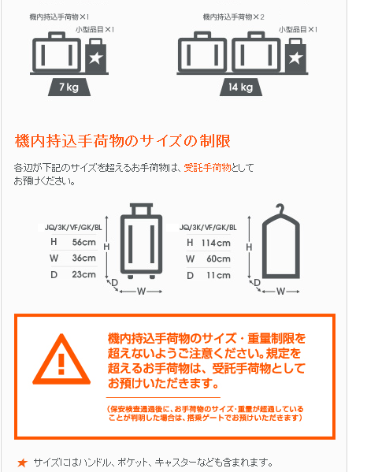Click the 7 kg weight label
69,87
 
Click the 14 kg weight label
240,87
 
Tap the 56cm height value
84,242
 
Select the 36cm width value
84,258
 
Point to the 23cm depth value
84,274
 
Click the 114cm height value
216,243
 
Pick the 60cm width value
218,259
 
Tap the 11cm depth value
218,276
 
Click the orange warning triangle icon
61,359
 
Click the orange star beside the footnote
22,463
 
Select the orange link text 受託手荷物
207,167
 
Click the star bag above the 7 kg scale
95,56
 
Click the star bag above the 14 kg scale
295,56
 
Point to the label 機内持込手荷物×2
233,17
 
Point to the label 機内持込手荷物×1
59,17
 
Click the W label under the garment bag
280,292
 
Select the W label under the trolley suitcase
141,292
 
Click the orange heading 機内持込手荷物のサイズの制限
122,141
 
